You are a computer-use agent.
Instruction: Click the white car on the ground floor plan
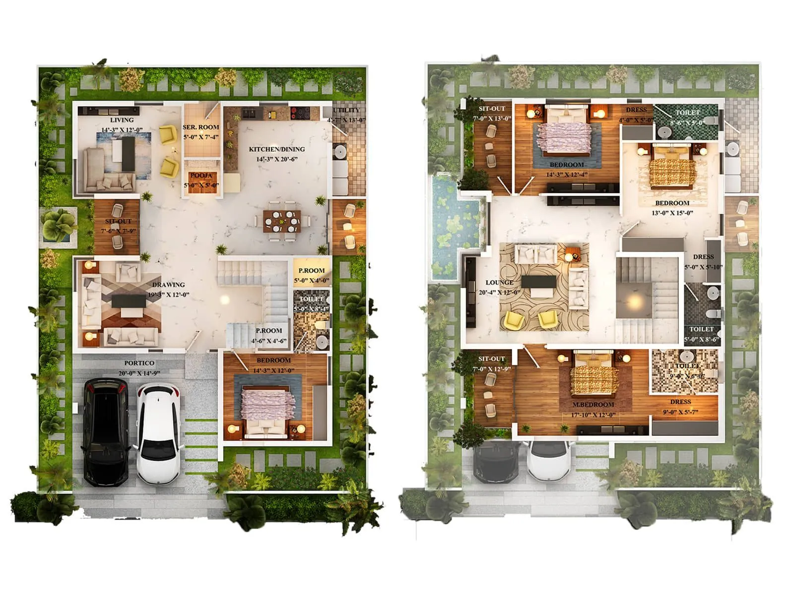158,434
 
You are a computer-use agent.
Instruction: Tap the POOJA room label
201,176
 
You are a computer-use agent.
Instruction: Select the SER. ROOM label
200,127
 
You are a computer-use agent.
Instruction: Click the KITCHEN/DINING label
276,149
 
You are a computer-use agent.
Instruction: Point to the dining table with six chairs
282,222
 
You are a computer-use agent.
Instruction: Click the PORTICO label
139,363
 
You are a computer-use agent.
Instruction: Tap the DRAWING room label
168,285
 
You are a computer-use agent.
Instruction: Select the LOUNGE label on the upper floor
499,283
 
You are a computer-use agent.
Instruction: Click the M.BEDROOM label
593,405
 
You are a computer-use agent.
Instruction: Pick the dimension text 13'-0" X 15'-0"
672,213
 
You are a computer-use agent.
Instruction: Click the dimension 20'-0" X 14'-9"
139,373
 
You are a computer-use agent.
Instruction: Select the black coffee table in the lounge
538,282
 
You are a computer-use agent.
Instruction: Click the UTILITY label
346,110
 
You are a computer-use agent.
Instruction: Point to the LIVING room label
122,120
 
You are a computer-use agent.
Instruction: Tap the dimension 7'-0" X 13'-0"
491,119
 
